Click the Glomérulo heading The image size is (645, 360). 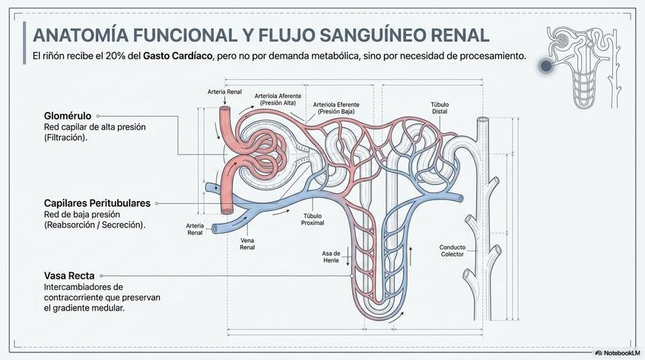click(68, 116)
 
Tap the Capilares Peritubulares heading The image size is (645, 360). click(97, 203)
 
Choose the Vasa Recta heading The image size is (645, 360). click(69, 276)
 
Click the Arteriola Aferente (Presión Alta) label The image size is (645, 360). click(278, 100)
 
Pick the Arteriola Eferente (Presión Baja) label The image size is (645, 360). click(336, 108)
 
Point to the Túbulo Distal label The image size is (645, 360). click(440, 108)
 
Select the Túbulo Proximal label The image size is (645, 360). click(313, 219)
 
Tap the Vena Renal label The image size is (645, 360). click(247, 244)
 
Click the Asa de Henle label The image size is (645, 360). click(331, 256)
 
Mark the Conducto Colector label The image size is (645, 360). click(453, 250)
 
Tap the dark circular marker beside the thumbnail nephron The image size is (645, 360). click(545, 65)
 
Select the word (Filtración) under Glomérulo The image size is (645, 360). click(66, 138)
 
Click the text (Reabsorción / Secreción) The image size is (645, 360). click(94, 225)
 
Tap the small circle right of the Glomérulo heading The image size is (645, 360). click(98, 116)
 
